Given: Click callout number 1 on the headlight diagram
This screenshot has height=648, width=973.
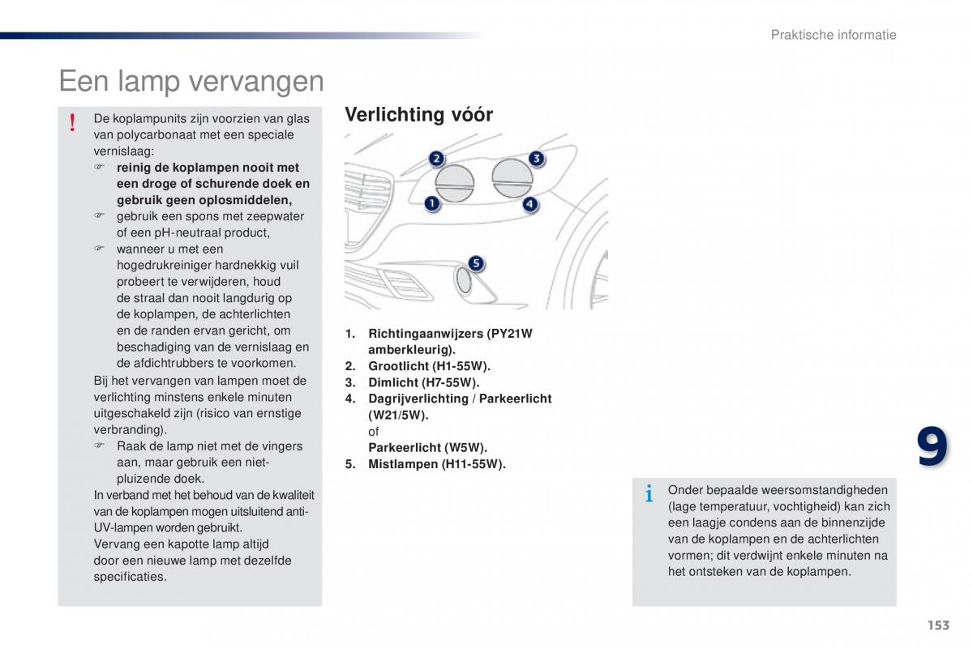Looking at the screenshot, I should (x=432, y=203).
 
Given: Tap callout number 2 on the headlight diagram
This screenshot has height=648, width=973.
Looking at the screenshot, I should (x=436, y=159).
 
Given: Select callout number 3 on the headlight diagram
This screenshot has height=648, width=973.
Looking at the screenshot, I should (x=536, y=158).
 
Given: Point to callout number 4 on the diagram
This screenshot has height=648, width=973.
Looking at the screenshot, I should (x=529, y=204).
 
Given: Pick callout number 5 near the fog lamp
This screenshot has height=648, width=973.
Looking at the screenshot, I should (x=476, y=263).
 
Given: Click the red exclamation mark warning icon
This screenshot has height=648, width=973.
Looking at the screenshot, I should (x=72, y=122).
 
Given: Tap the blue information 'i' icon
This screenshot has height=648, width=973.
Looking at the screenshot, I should (x=649, y=493).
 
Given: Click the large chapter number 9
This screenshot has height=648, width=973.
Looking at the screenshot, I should (x=932, y=448).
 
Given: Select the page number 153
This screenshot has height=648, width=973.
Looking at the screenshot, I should (x=938, y=625).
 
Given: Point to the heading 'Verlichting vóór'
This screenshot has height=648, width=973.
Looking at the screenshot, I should (x=418, y=115).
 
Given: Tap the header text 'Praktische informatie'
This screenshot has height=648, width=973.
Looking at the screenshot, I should (x=834, y=35).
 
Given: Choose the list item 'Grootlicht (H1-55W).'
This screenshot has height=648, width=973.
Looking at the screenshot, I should (x=429, y=366).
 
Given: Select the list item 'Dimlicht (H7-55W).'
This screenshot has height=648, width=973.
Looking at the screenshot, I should (x=423, y=382).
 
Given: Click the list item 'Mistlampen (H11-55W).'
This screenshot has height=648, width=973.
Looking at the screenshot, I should (x=436, y=464).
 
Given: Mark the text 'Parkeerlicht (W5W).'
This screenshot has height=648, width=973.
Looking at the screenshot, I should (x=427, y=448).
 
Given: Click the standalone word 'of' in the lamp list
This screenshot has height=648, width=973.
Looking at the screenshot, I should (x=374, y=432).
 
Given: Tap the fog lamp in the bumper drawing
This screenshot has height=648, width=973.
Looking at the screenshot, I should (x=464, y=280).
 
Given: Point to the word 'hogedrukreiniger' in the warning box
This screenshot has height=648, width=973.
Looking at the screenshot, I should (x=164, y=266).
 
